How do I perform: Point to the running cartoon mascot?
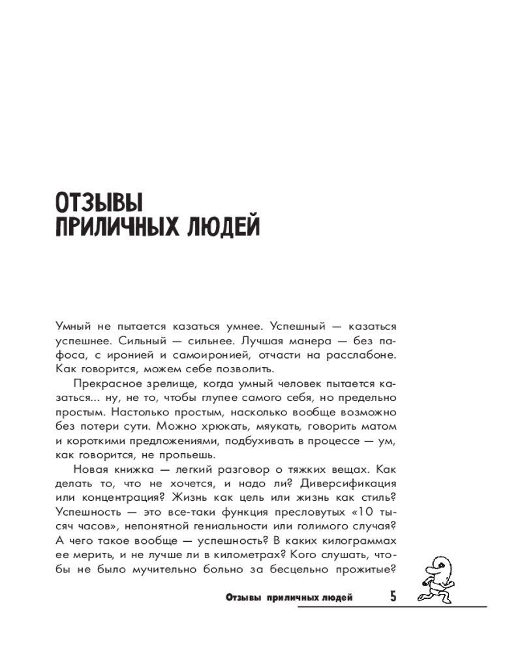pyautogui.click(x=435, y=573)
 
